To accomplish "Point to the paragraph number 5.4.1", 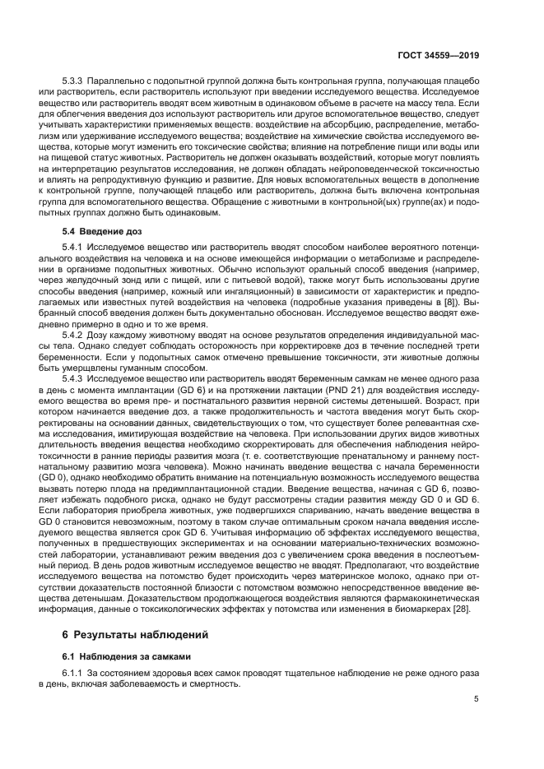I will pyautogui.click(x=73, y=248).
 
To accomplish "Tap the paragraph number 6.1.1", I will pyautogui.click(x=73, y=674).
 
